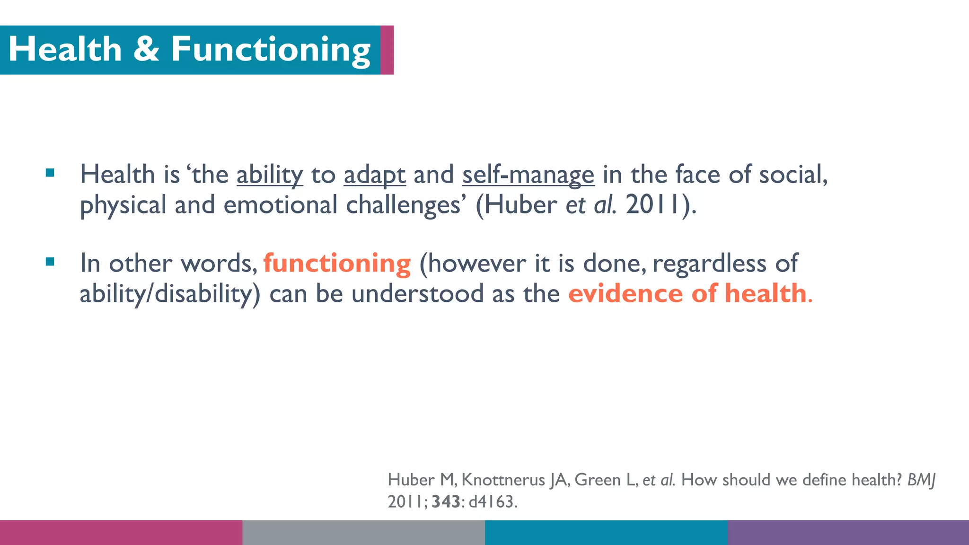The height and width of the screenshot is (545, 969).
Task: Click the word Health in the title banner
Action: point(65,49)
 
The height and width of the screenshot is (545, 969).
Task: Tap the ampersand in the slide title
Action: point(146,49)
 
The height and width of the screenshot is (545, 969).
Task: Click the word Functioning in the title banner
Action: point(270,50)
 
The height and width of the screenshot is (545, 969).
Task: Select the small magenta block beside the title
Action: point(387,50)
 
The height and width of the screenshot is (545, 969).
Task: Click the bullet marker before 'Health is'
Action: point(50,173)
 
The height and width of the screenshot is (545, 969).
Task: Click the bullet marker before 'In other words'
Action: point(50,262)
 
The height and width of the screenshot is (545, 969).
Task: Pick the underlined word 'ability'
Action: point(270,175)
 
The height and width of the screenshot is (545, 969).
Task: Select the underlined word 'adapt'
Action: point(374,175)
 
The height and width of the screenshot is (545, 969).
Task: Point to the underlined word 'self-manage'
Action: point(528,175)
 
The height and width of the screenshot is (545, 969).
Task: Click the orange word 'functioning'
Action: point(337,263)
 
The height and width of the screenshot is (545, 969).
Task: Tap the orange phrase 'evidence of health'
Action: point(687,293)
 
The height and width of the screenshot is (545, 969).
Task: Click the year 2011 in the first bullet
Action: point(653,205)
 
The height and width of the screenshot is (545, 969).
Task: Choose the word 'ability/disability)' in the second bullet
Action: point(170,294)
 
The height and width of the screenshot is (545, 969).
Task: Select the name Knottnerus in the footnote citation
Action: point(503,480)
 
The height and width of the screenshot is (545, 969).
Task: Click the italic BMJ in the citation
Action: point(921,480)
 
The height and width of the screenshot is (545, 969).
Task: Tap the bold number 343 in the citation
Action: point(445,501)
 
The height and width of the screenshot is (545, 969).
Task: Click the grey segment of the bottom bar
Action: point(363,533)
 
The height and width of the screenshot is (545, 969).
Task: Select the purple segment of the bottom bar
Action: point(848,533)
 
